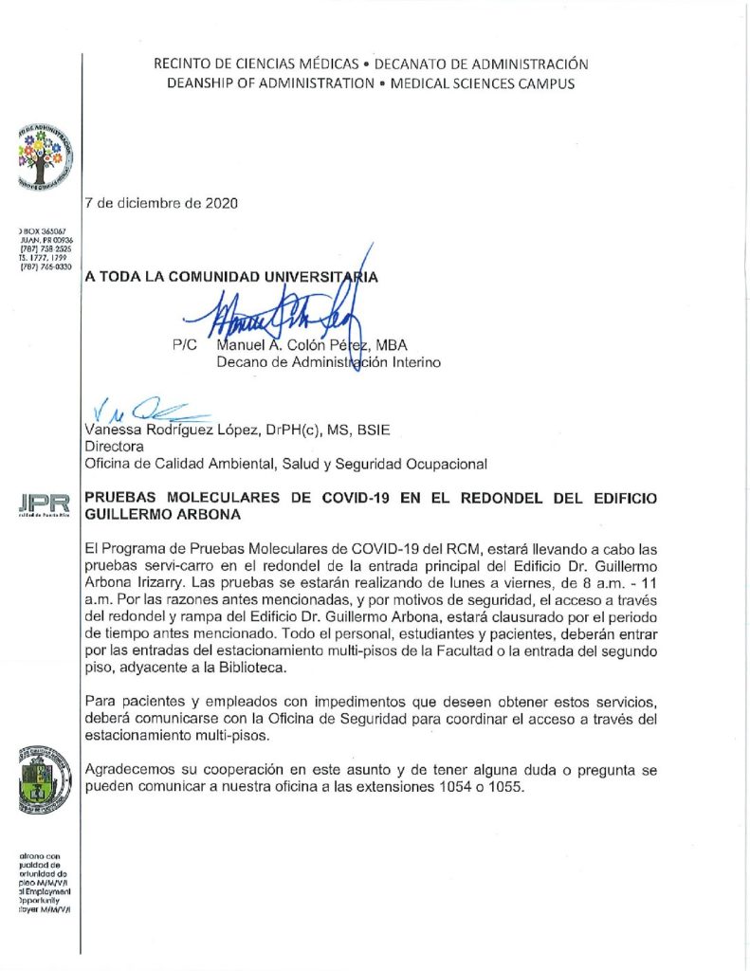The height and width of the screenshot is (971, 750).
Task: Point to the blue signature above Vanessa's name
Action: point(142,410)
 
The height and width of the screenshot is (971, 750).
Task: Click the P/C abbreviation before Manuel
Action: point(187,346)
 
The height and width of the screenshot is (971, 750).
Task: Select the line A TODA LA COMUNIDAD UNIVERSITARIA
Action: point(231,278)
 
